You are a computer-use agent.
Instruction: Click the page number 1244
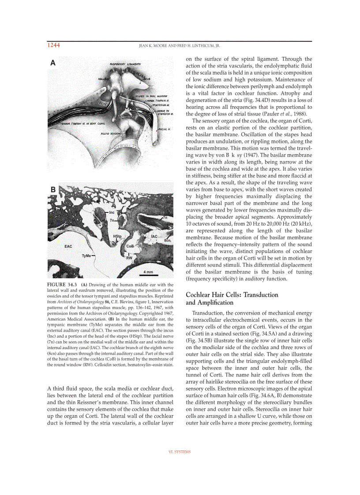(x=53, y=45)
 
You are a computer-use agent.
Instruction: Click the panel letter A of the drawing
(x=53, y=63)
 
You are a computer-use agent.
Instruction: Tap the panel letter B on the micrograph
(x=53, y=190)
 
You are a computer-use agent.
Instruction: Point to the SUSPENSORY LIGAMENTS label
(x=125, y=64)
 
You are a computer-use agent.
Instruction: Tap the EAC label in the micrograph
(x=68, y=246)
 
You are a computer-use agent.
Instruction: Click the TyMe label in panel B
(x=86, y=256)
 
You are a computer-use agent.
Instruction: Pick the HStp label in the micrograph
(x=117, y=236)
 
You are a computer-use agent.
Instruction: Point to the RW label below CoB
(x=129, y=257)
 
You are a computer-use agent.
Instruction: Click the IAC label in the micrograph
(x=154, y=236)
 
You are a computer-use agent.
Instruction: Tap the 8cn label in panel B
(x=167, y=241)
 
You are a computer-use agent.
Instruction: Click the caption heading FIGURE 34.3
(x=62, y=284)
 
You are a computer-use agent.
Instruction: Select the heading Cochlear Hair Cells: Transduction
(x=232, y=294)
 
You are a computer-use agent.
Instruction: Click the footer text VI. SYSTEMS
(x=180, y=452)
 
